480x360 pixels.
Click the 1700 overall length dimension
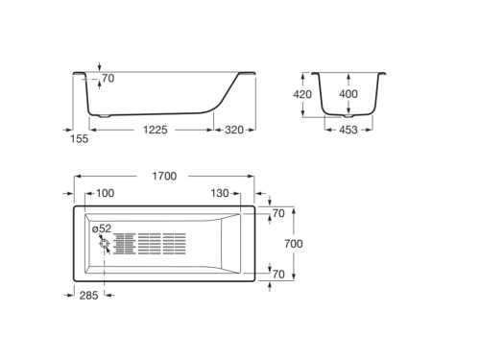(x=164, y=176)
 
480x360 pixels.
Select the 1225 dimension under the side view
(x=156, y=130)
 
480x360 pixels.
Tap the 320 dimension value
(x=234, y=130)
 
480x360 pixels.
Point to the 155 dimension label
(x=79, y=139)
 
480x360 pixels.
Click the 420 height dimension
(x=302, y=94)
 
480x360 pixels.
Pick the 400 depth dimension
(x=348, y=94)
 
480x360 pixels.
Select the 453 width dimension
(x=348, y=130)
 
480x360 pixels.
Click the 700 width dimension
(x=294, y=244)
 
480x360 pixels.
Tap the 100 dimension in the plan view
(x=105, y=193)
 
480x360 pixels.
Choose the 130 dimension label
(x=220, y=193)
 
